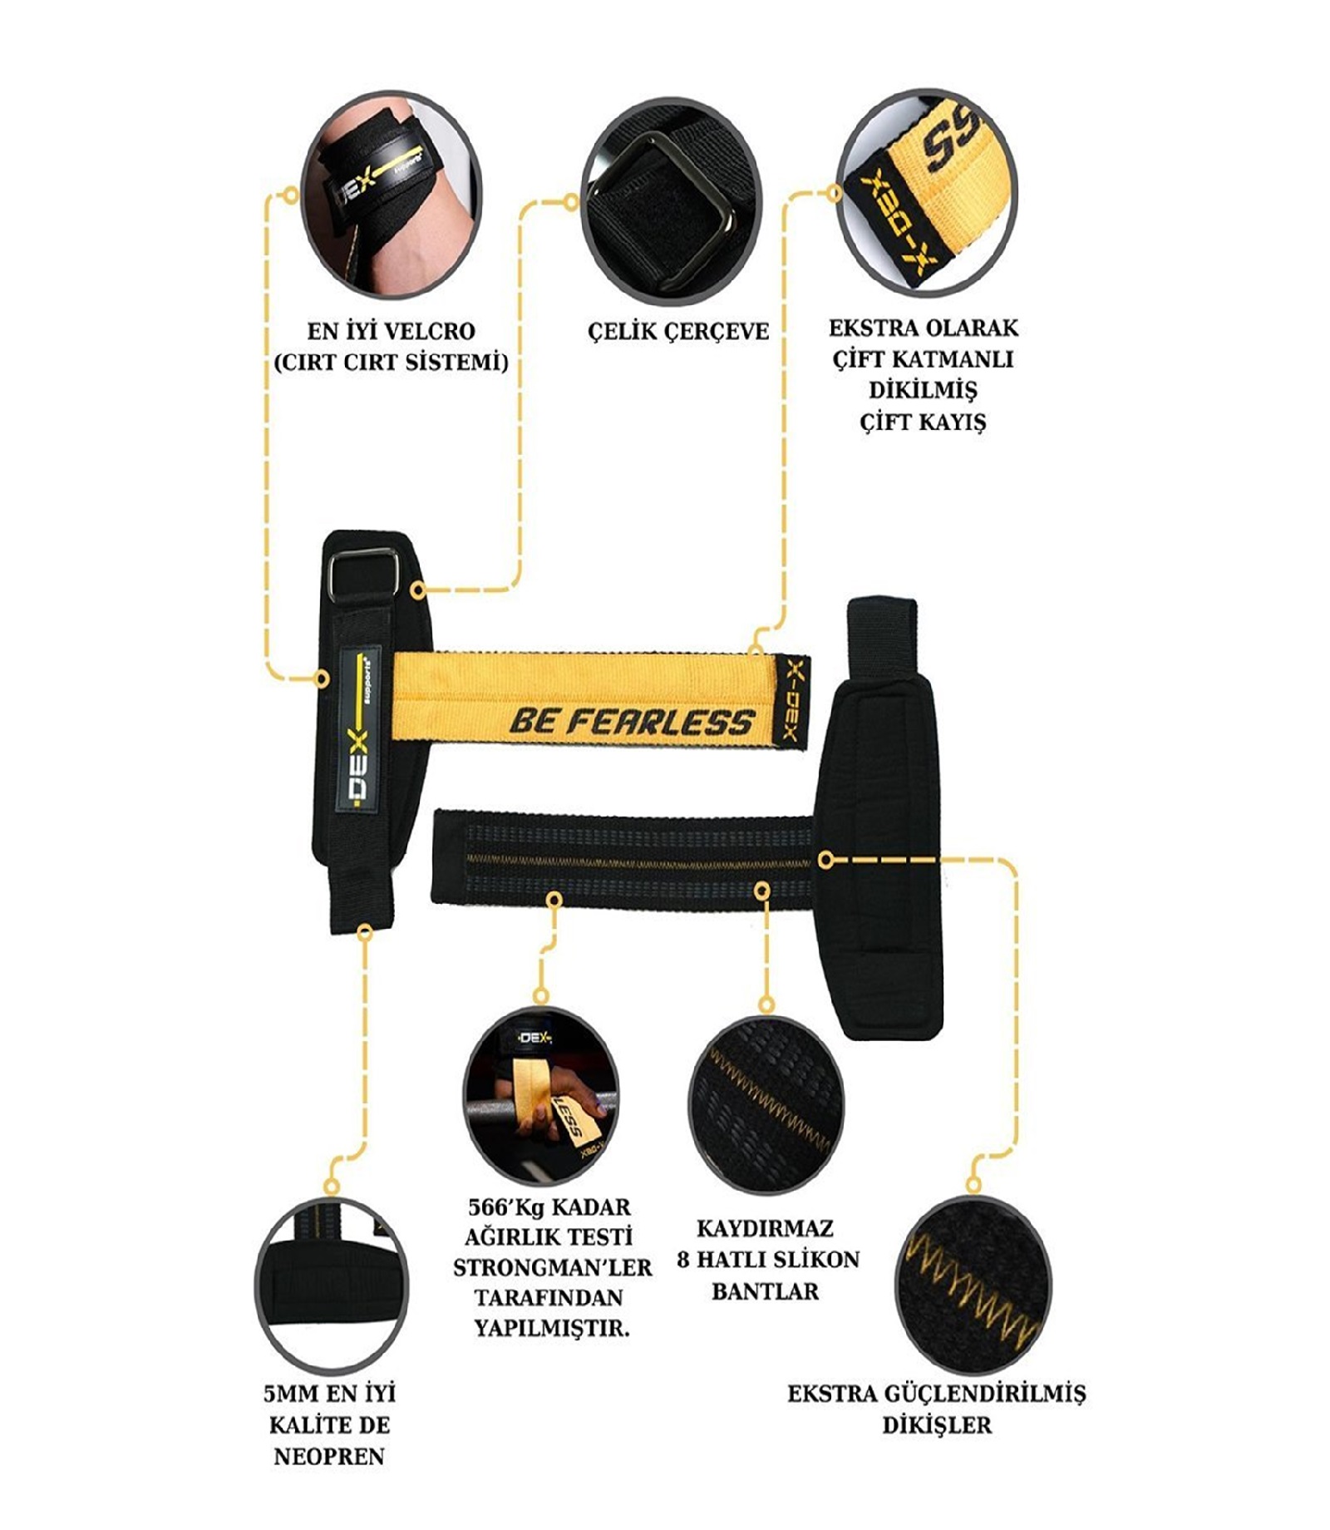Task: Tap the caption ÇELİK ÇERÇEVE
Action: coord(678,331)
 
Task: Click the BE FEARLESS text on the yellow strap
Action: coord(631,722)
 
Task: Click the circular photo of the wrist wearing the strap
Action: coord(391,203)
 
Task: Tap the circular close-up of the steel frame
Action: coord(671,202)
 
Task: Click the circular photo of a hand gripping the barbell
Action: coord(541,1097)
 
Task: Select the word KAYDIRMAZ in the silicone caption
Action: coord(765,1228)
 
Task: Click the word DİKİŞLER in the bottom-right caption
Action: coord(937,1425)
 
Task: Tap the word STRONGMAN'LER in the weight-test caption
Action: coord(553,1268)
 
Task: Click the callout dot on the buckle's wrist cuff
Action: coord(419,590)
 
